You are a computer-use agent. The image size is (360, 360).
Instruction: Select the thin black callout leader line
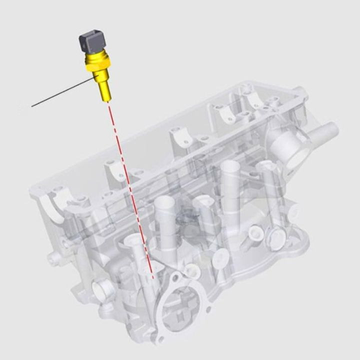click(60, 92)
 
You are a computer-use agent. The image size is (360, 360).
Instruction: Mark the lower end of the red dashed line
click(152, 276)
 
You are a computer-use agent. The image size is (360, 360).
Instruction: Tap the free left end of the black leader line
click(32, 106)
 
